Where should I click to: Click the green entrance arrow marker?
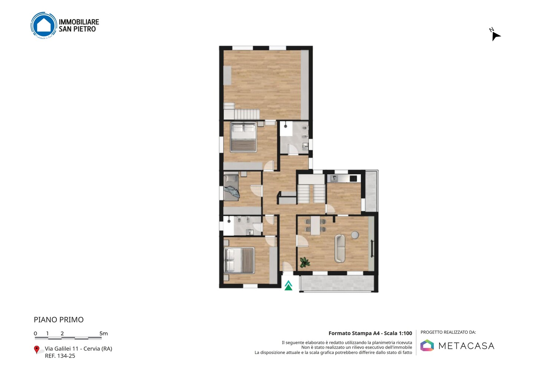[289, 286]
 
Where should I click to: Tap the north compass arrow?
[496, 36]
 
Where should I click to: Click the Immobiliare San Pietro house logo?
[44, 25]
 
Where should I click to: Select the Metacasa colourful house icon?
[427, 345]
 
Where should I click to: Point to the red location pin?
[36, 350]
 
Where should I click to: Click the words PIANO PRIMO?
[59, 320]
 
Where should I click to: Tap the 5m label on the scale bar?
[103, 333]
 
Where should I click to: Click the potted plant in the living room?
[305, 262]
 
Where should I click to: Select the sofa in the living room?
[339, 248]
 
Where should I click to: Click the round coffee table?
[355, 235]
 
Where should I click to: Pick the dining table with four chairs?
[315, 225]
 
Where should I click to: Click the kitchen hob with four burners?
[353, 178]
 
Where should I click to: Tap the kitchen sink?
[334, 178]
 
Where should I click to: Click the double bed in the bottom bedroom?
[240, 260]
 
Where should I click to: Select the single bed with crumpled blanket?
[231, 188]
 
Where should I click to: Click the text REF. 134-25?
[60, 356]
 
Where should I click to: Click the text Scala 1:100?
[398, 333]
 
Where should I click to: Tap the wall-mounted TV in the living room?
[372, 249]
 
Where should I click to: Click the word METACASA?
[466, 346]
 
